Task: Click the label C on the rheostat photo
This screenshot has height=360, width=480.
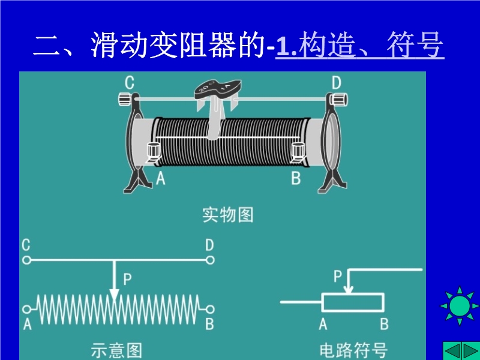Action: click(x=130, y=82)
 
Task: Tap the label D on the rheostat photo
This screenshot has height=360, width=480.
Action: click(x=336, y=82)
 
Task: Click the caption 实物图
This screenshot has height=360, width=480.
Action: click(x=228, y=214)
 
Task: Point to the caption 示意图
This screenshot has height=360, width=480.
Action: click(x=116, y=350)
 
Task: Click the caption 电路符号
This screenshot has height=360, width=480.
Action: click(x=353, y=350)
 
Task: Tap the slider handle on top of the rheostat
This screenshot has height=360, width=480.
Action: click(x=217, y=91)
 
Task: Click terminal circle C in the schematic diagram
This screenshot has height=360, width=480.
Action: click(x=26, y=260)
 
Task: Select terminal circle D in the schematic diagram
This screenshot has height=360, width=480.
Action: click(x=210, y=260)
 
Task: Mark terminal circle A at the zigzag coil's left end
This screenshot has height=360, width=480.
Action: click(x=26, y=309)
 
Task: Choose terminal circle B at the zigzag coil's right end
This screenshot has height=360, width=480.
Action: click(x=210, y=309)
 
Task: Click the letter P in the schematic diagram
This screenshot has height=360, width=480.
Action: click(x=127, y=279)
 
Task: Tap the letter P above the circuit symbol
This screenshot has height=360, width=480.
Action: click(x=338, y=275)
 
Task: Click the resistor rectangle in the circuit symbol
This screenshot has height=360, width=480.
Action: click(x=353, y=302)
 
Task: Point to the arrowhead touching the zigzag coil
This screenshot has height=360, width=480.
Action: click(x=114, y=295)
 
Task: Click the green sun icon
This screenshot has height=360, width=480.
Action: click(x=460, y=305)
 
